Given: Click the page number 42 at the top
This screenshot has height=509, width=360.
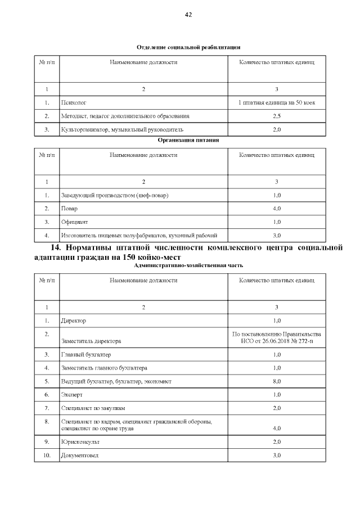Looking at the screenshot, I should pos(188,15).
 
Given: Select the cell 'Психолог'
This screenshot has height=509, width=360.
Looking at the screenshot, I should pos(73,103).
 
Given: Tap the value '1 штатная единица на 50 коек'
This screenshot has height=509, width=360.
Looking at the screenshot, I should pos(276,103).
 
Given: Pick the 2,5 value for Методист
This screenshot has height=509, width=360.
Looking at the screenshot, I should pos(276,116).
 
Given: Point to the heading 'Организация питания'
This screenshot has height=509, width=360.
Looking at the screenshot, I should pos(188,139).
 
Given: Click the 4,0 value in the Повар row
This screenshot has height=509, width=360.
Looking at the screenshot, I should pos(276,209).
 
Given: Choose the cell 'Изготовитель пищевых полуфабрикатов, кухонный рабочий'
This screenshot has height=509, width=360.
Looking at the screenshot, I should pos(139,235).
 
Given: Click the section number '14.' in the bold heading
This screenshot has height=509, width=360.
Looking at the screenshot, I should pos(56,247).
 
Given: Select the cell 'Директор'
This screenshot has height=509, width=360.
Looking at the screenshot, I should pos(74,321).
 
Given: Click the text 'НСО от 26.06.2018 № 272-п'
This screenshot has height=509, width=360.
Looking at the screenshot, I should pos(276,341).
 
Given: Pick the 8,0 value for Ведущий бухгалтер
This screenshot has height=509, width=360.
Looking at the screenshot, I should pos(276,381).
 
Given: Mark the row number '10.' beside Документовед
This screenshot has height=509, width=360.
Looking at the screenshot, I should pos(47,455).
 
